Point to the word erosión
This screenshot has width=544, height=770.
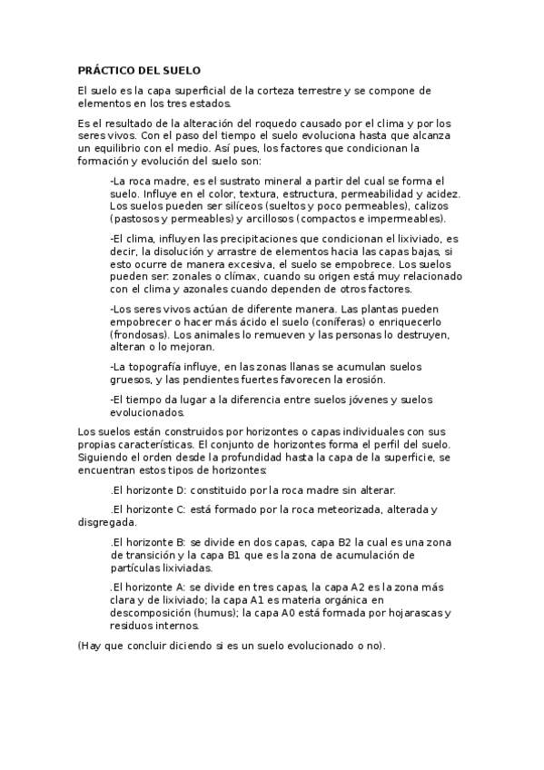click(363, 379)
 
